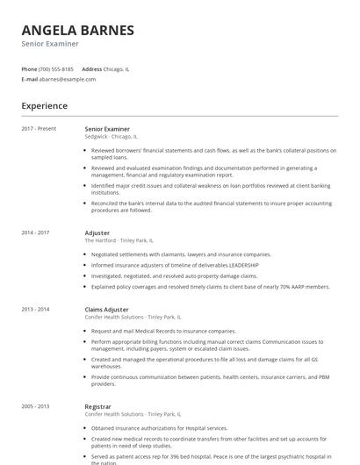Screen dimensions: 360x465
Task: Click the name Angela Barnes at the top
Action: pyautogui.click(x=78, y=30)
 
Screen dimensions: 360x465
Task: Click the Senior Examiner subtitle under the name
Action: pyautogui.click(x=50, y=44)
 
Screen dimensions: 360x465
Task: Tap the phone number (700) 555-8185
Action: pyautogui.click(x=57, y=68)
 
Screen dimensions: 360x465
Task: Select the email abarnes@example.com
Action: pyautogui.click(x=68, y=79)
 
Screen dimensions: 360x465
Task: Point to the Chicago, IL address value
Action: pyautogui.click(x=117, y=68)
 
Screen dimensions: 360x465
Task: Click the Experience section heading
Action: pyautogui.click(x=45, y=106)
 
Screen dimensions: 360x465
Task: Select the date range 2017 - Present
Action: pyautogui.click(x=39, y=129)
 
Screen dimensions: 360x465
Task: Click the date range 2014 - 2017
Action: pyautogui.click(x=35, y=232)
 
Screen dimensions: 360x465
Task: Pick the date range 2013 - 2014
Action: pyautogui.click(x=35, y=310)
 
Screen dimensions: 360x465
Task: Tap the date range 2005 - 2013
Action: pyautogui.click(x=35, y=407)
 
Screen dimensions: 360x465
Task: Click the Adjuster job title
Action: pyautogui.click(x=97, y=232)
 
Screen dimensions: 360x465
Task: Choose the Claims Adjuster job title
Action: pyautogui.click(x=106, y=310)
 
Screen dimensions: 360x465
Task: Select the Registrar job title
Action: pyautogui.click(x=98, y=407)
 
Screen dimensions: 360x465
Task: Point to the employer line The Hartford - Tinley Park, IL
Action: pyautogui.click(x=119, y=240)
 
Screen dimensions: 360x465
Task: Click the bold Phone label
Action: pyautogui.click(x=29, y=68)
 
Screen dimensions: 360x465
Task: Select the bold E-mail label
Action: pyautogui.click(x=30, y=79)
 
